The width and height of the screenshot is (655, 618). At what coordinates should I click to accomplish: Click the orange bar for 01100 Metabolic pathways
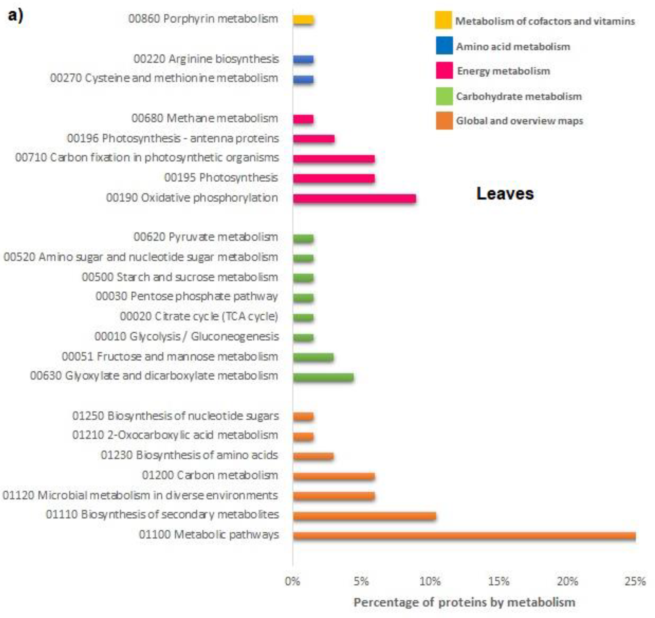[464, 536]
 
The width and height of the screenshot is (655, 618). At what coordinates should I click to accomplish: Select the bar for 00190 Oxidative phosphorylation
[354, 199]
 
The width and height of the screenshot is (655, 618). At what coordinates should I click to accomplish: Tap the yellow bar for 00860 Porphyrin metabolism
[303, 20]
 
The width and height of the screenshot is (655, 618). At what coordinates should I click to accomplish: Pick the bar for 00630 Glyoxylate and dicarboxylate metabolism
[323, 377]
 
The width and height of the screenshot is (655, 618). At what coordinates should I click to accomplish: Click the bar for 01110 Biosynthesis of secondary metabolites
[364, 516]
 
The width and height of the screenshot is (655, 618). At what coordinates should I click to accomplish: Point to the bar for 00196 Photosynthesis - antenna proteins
[314, 139]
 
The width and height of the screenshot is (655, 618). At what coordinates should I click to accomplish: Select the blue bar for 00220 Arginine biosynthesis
[303, 59]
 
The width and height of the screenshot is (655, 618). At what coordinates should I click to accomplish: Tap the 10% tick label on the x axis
[430, 581]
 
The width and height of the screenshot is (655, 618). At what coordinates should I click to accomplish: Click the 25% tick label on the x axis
[635, 581]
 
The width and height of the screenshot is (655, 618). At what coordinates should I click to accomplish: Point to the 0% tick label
[292, 581]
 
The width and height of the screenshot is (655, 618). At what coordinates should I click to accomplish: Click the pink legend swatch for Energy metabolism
[444, 71]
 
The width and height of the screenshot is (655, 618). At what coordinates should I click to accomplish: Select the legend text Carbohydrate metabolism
[519, 96]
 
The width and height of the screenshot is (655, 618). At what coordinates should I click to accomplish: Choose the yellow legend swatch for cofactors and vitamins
[443, 21]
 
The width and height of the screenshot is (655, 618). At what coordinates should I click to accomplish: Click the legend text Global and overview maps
[519, 121]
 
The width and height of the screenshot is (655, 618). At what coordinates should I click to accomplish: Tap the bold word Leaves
[505, 194]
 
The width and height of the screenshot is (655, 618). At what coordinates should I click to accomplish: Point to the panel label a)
[15, 16]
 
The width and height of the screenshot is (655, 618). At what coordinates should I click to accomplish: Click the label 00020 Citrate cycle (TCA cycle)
[199, 317]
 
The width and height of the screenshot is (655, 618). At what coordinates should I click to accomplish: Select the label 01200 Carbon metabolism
[210, 476]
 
